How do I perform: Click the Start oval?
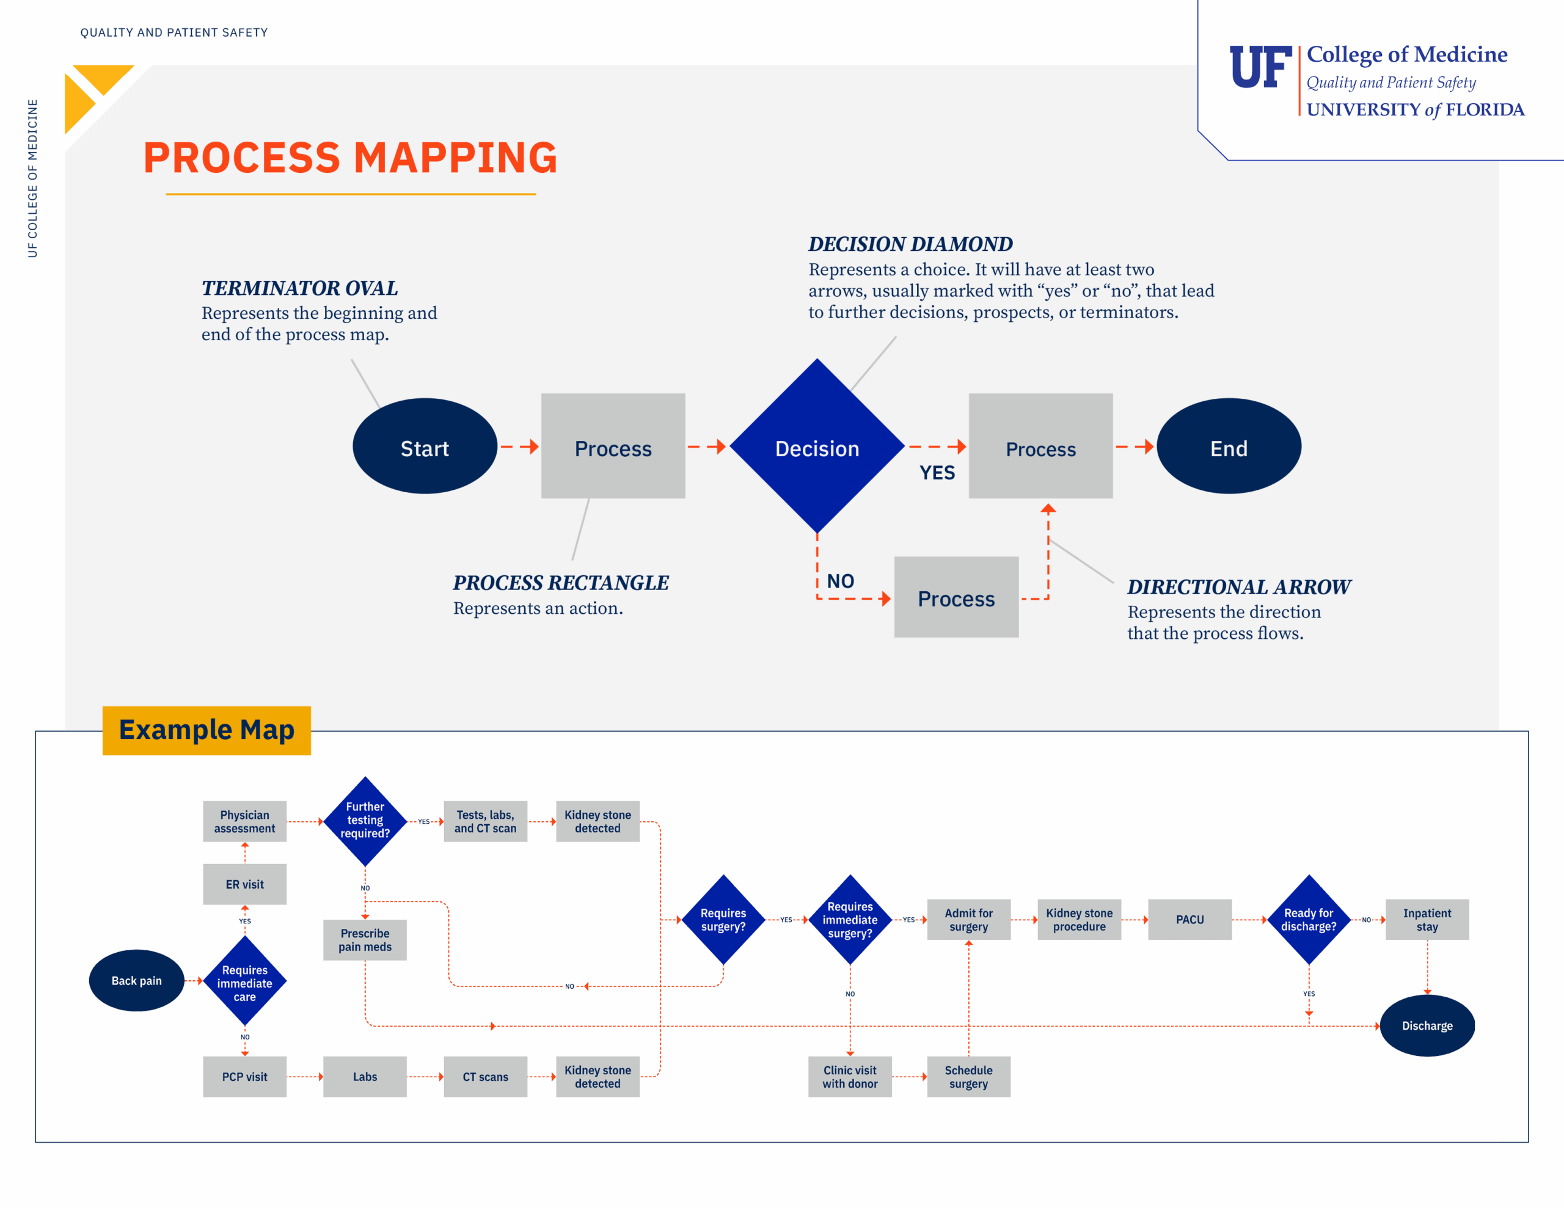click(425, 447)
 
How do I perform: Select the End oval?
click(1228, 447)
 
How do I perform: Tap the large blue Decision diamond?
click(816, 447)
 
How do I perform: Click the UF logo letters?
click(1260, 68)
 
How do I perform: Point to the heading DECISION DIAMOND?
click(910, 244)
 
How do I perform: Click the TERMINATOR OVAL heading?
click(299, 288)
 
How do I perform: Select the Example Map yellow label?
click(206, 730)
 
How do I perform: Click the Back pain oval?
click(136, 980)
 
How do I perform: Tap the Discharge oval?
click(1427, 1025)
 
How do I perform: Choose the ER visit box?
click(244, 884)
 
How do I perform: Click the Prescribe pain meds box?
click(365, 939)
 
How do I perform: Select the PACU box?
click(1189, 919)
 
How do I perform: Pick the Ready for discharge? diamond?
click(1309, 919)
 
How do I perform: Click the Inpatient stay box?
click(1427, 919)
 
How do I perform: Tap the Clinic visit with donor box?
click(849, 1076)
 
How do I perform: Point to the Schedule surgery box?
click(968, 1076)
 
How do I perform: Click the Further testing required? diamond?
click(365, 821)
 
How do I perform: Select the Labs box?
click(365, 1076)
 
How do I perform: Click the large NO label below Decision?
click(840, 581)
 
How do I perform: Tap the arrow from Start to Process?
click(519, 447)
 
